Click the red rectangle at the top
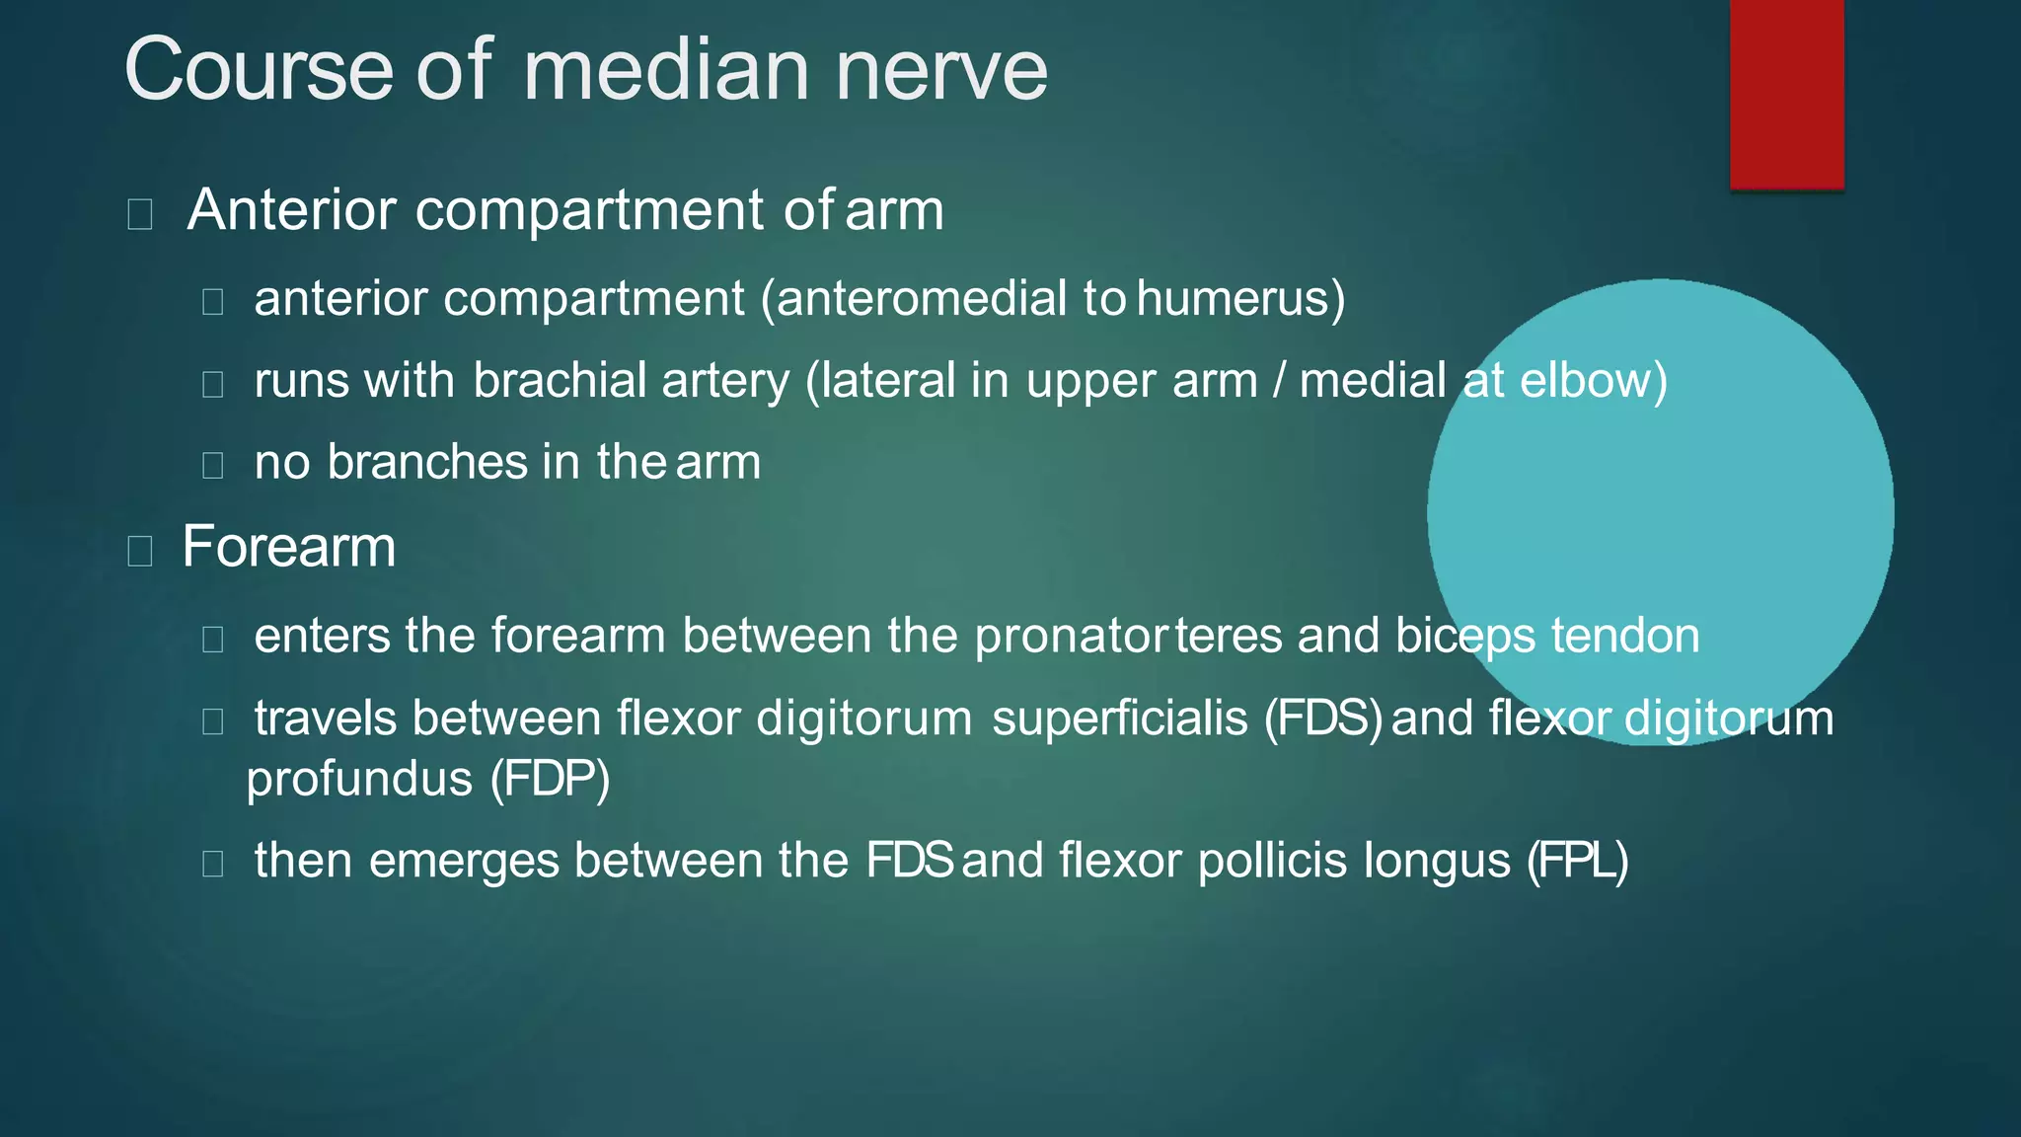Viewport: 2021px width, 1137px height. (1786, 94)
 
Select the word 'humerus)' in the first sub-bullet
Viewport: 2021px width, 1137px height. (1240, 299)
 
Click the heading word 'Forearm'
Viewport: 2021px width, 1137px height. (289, 547)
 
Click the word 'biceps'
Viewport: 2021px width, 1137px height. (1465, 637)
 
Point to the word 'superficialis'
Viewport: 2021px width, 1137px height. (1120, 719)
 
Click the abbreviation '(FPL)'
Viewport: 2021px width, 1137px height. (1577, 861)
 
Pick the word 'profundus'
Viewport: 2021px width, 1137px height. (359, 780)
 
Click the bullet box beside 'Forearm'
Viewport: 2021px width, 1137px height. (140, 551)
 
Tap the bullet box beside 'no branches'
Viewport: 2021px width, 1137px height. (212, 465)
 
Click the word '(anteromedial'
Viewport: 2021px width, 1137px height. (915, 299)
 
